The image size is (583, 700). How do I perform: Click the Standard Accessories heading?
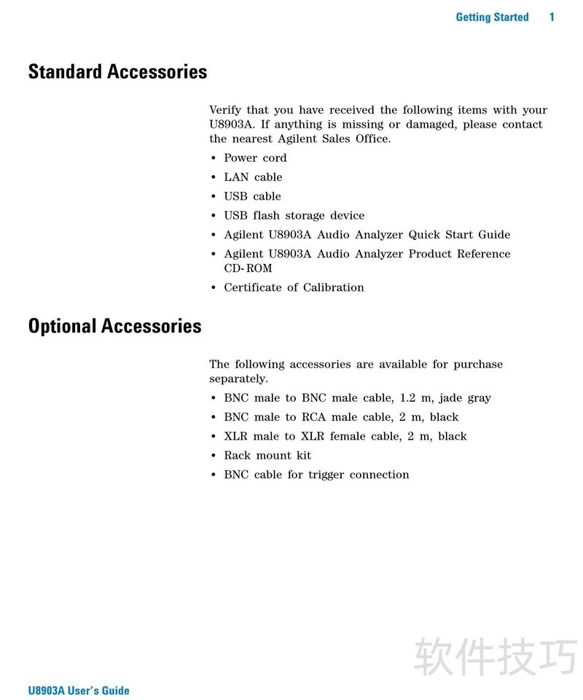pos(117,72)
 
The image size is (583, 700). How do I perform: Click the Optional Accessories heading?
pos(114,326)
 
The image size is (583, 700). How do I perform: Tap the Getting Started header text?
pos(492,17)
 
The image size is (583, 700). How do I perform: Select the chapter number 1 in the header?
pos(552,17)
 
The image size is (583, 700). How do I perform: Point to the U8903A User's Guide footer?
pos(79,691)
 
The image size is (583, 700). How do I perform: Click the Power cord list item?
pos(255,157)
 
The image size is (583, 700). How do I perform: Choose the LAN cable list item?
pos(253,176)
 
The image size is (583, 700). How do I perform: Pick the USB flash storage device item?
pos(294,215)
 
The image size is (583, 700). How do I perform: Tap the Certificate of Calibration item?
pos(294,287)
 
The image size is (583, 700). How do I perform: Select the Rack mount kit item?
pos(267,455)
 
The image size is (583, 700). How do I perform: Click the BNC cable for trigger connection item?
pos(316,474)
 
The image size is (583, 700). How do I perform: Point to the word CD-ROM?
pos(248,268)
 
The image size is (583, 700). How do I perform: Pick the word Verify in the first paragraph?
pos(224,110)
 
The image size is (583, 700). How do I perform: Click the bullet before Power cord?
pos(214,158)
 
